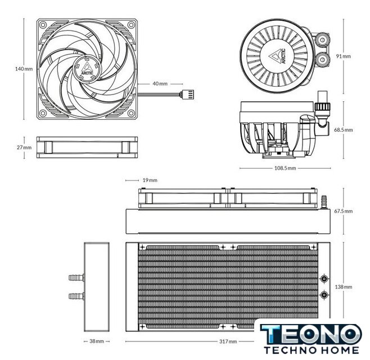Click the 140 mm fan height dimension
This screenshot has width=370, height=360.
pos(24,69)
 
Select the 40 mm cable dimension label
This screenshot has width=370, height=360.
pos(160,84)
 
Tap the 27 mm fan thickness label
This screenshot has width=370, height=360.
pos(24,147)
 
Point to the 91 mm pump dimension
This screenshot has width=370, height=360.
pos(344,56)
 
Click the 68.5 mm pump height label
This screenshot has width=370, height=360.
pos(344,130)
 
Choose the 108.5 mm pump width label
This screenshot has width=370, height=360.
pos(285,168)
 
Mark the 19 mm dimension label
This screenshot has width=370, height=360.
pos(150,180)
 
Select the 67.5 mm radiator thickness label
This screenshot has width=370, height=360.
pos(344,211)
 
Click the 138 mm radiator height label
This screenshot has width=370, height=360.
pos(344,287)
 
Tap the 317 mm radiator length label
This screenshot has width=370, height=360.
pos(228,341)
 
